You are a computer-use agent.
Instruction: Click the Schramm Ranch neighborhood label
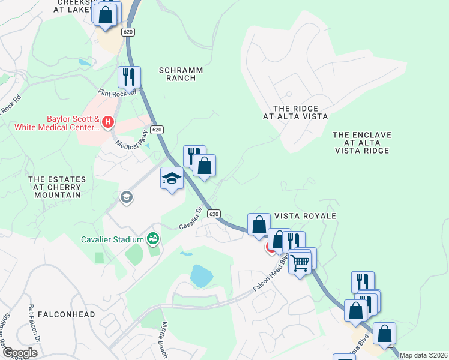tap(181, 74)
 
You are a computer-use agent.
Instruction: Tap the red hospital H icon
tap(108, 122)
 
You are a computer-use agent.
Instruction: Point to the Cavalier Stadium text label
tap(113, 239)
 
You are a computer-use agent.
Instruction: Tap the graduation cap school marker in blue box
tap(172, 178)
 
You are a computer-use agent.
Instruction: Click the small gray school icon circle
tap(126, 197)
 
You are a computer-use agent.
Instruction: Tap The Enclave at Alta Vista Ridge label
tap(362, 143)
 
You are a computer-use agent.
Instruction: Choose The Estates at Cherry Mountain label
tap(54, 187)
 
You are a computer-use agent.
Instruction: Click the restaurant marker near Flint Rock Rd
tap(129, 76)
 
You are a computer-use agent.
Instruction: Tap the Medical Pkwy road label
tap(132, 144)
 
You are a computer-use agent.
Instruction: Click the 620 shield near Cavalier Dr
tap(214, 214)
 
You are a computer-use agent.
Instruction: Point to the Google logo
tap(20, 353)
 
